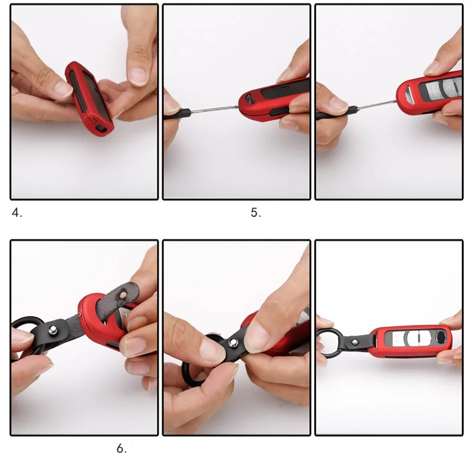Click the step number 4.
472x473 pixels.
pyautogui.click(x=17, y=213)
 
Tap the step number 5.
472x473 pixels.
pyautogui.click(x=255, y=213)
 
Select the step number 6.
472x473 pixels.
pyautogui.click(x=122, y=449)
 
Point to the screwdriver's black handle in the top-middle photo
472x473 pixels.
pyautogui.click(x=178, y=114)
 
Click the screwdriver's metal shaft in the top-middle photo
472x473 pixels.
pyautogui.click(x=214, y=109)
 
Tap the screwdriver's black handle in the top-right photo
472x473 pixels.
pyautogui.click(x=335, y=112)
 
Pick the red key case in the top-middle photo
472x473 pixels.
pyautogui.click(x=274, y=100)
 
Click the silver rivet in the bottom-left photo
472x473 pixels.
pyautogui.click(x=54, y=330)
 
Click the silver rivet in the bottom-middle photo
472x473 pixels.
pyautogui.click(x=233, y=342)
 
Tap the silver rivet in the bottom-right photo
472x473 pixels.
pyautogui.click(x=355, y=342)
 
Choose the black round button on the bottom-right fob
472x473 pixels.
pyautogui.click(x=441, y=336)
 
